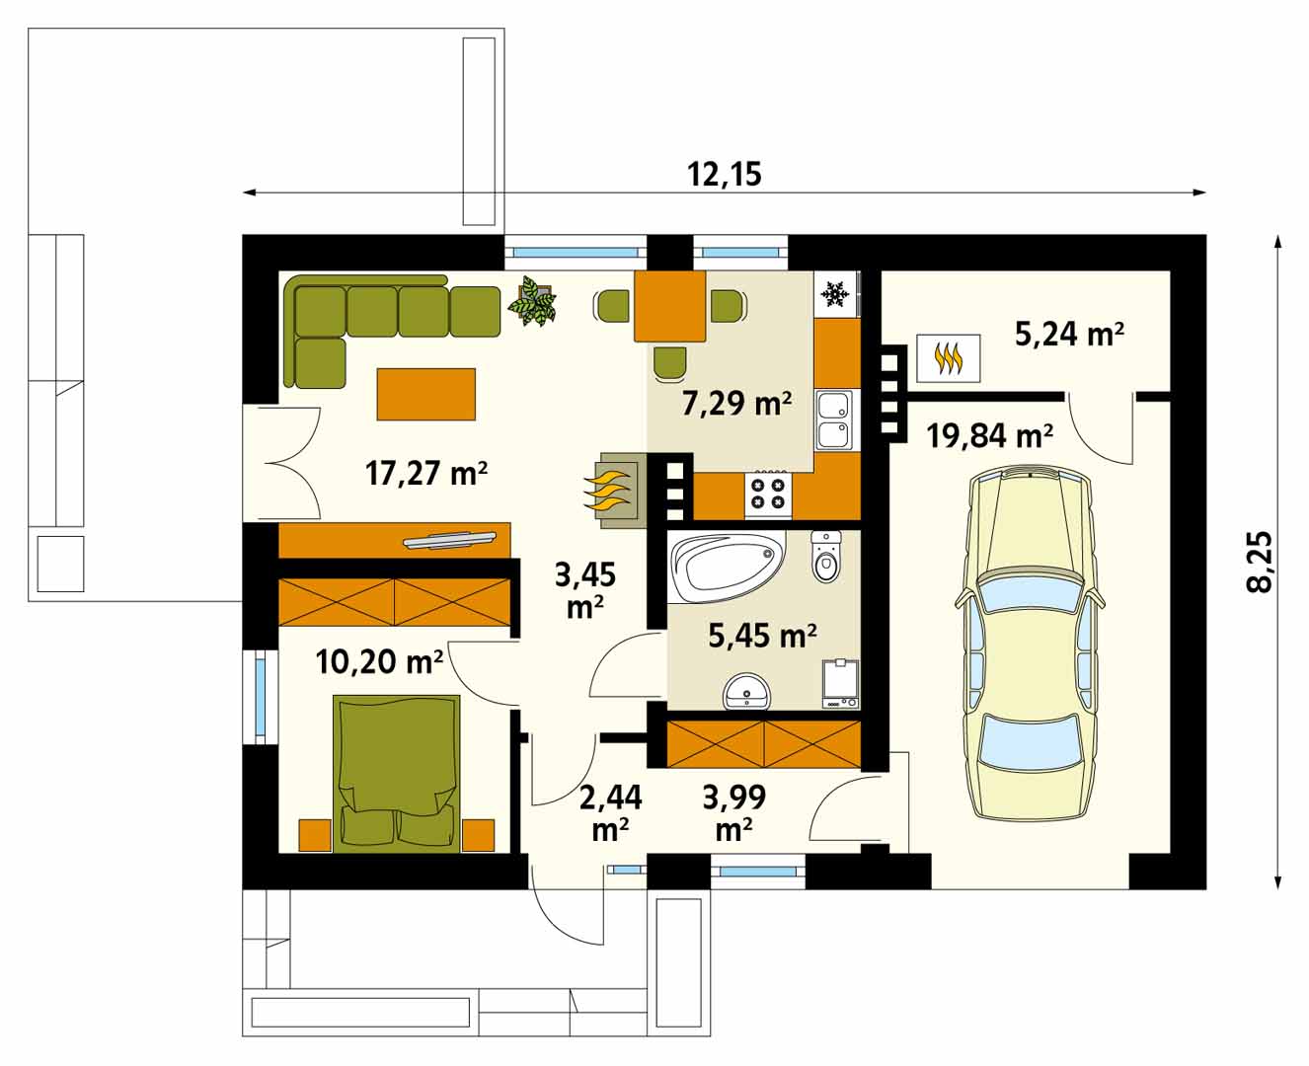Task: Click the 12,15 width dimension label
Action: pyautogui.click(x=724, y=175)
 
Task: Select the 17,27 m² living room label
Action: pyautogui.click(x=426, y=474)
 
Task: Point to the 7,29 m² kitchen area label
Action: pyautogui.click(x=736, y=404)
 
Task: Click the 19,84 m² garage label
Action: pyautogui.click(x=989, y=436)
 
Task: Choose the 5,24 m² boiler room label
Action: pyautogui.click(x=1069, y=335)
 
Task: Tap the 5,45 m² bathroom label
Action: pyautogui.click(x=763, y=636)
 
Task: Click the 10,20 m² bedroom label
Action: pyautogui.click(x=379, y=661)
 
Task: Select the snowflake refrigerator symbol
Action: pyautogui.click(x=835, y=294)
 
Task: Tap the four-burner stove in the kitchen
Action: pyautogui.click(x=768, y=494)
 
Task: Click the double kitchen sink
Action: pyautogui.click(x=834, y=419)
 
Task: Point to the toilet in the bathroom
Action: pyautogui.click(x=825, y=556)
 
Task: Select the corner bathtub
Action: pyautogui.click(x=726, y=566)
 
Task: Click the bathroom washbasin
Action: pyautogui.click(x=745, y=693)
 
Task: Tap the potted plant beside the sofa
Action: pyautogui.click(x=532, y=300)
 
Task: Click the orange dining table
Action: pyautogui.click(x=670, y=306)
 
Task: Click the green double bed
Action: pyautogui.click(x=398, y=774)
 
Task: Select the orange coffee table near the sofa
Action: pyautogui.click(x=425, y=395)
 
